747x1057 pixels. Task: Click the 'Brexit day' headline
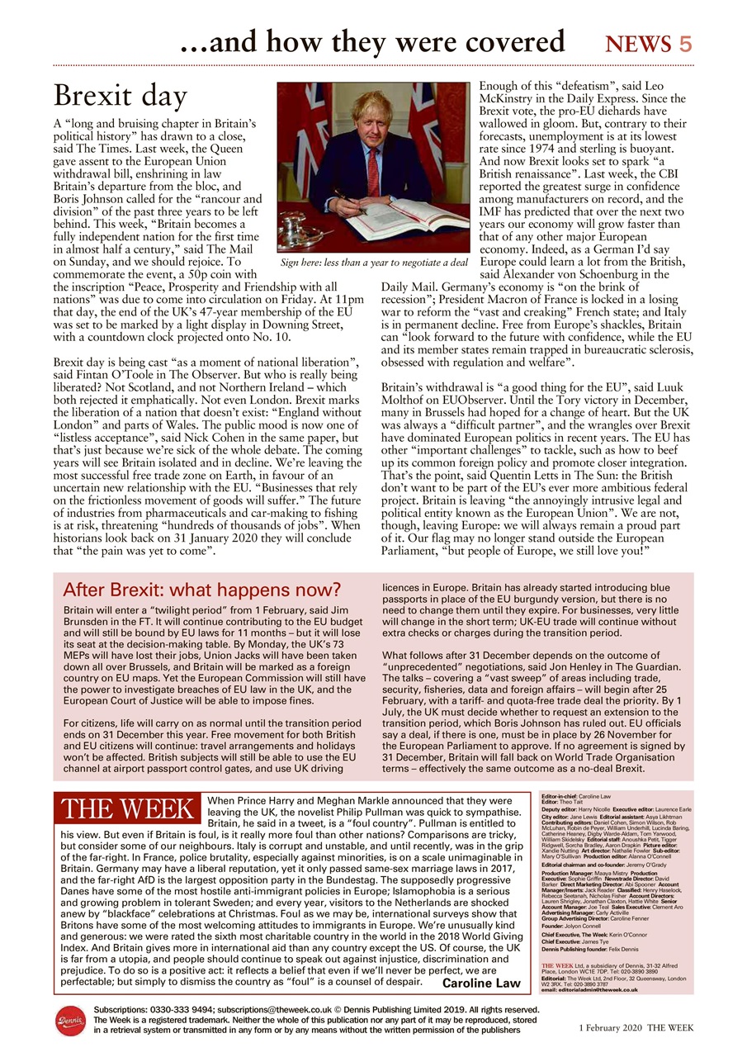click(121, 97)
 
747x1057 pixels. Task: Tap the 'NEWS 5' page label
click(649, 44)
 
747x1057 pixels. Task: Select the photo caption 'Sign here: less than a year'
click(374, 263)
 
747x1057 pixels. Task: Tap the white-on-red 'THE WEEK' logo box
click(126, 809)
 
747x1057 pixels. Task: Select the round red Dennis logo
click(70, 1021)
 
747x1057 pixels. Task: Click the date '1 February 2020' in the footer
click(610, 1027)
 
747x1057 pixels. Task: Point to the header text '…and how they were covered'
click(372, 41)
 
